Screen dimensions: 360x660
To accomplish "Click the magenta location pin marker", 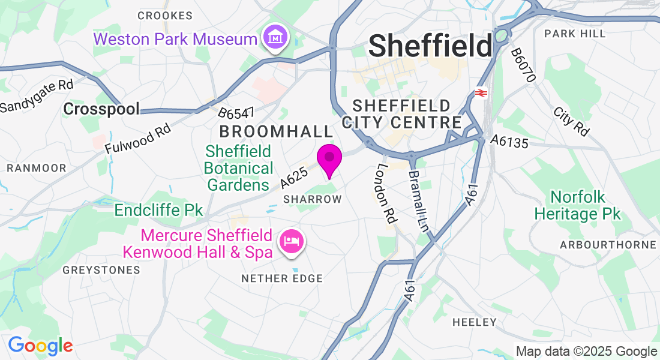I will [329, 159].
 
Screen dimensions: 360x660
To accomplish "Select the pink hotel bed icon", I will [292, 242].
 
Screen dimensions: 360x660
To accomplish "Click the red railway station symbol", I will [481, 93].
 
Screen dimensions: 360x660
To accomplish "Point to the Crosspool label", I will [101, 109].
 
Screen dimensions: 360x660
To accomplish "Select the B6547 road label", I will [236, 112].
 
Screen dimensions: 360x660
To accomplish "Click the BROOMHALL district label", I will [275, 131].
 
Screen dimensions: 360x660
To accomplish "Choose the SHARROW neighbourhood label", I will [312, 199].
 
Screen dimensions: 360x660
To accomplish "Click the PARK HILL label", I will [575, 34].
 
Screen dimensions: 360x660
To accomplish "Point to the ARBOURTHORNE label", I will [608, 245].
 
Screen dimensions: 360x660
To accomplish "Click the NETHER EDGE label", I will [282, 278].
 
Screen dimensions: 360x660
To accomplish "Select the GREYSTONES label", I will [101, 270].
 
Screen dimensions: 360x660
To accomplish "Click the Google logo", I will [40, 346].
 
